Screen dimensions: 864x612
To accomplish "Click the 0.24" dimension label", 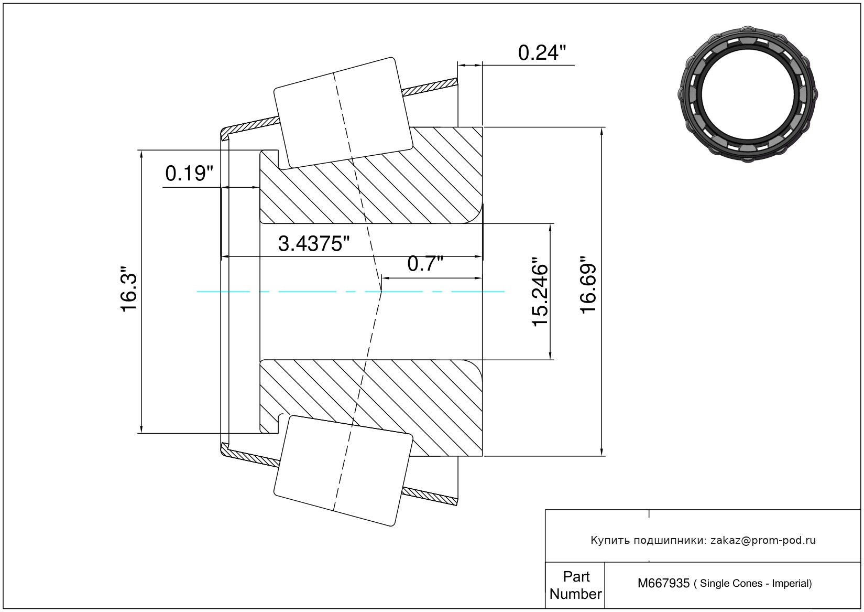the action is pyautogui.click(x=542, y=53).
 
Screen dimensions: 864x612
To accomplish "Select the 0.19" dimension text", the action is pyautogui.click(x=189, y=174).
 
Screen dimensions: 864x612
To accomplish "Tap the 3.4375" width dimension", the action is pyautogui.click(x=314, y=244).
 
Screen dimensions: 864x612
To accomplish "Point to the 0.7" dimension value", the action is pyautogui.click(x=425, y=264).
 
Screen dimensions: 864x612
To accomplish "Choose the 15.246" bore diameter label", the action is pyautogui.click(x=540, y=292).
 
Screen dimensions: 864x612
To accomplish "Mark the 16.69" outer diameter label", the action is pyautogui.click(x=588, y=285).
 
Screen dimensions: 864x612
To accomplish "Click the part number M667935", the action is pyautogui.click(x=663, y=583).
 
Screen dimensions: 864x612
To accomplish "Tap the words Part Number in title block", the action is pyautogui.click(x=575, y=585).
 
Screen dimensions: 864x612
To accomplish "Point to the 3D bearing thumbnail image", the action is pyautogui.click(x=748, y=94).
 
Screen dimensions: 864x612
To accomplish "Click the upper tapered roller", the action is pyautogui.click(x=343, y=113).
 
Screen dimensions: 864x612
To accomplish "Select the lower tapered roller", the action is pyautogui.click(x=343, y=471).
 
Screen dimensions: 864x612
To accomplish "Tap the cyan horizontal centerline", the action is pyautogui.click(x=351, y=292).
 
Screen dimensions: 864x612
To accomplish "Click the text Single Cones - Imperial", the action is pyautogui.click(x=756, y=584).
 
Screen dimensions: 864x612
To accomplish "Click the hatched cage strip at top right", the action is pyautogui.click(x=430, y=87).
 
